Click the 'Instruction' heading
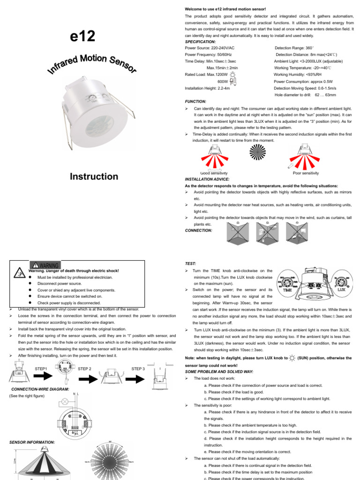tap(94, 177)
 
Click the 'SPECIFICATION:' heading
tap(201, 41)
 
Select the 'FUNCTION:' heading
tap(196, 101)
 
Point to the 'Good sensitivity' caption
tap(214, 173)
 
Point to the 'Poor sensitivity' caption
tap(305, 173)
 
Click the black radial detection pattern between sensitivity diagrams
tap(258, 154)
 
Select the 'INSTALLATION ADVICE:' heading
tap(208, 179)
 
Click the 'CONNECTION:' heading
tap(199, 231)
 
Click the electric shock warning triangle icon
tap(19, 273)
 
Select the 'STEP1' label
tap(42, 369)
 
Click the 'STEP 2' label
tap(85, 369)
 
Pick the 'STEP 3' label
tap(138, 369)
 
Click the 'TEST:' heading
tap(191, 264)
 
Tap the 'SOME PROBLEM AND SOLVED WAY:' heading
tap(219, 371)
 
